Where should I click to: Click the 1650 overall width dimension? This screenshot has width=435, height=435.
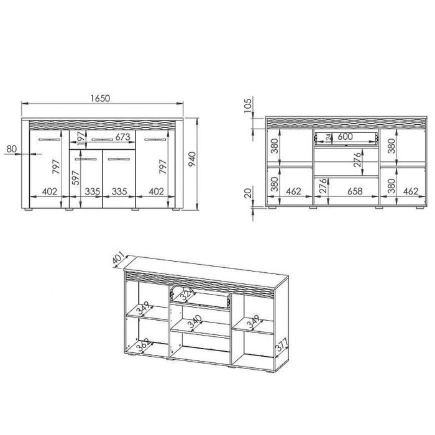pos(101,98)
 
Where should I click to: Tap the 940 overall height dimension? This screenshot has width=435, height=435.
pos(192,159)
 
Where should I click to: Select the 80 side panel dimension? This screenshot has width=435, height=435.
pos(11,149)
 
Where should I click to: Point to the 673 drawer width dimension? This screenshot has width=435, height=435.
pos(122,137)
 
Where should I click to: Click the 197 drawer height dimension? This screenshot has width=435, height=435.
pos(81,139)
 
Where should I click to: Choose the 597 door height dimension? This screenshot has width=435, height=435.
pos(75,178)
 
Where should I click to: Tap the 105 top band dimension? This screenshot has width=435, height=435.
pos(248,105)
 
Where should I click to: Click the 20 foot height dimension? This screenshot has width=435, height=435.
pos(248,193)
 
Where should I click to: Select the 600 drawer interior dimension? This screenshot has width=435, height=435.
pos(345,137)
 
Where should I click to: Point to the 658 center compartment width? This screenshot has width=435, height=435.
pos(355,191)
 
